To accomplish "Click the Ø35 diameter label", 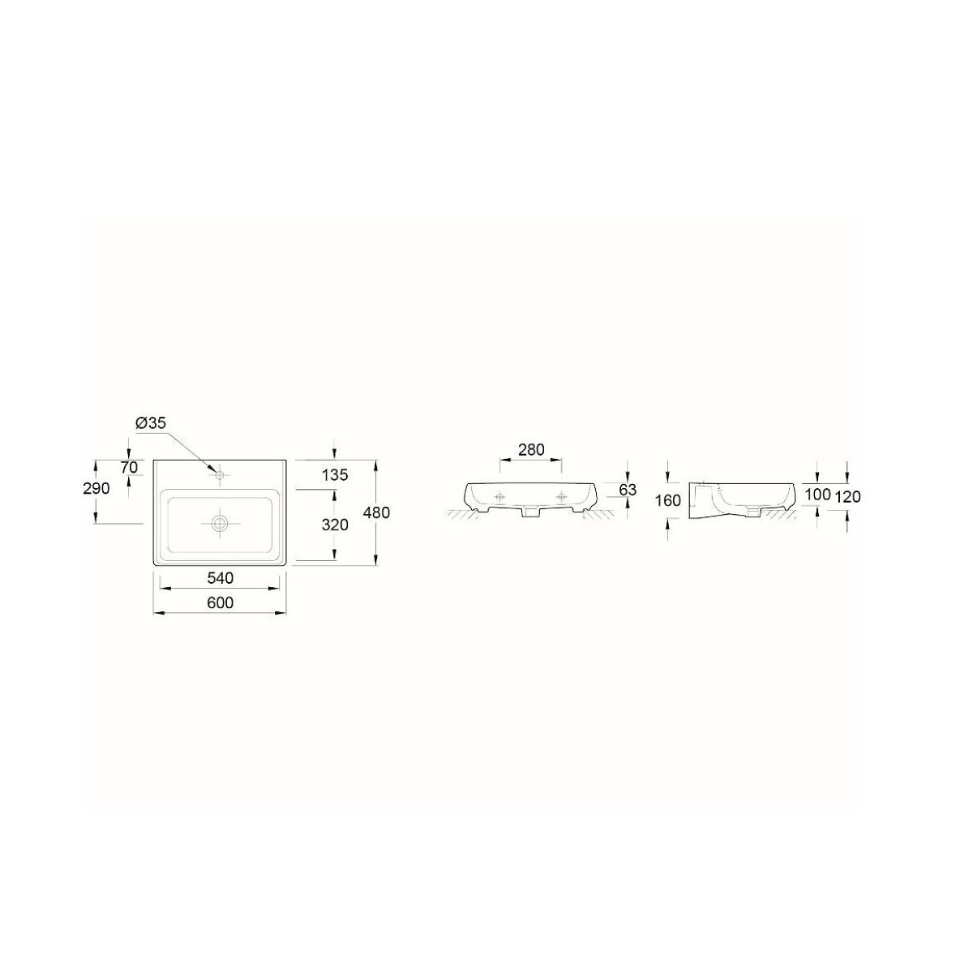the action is click(x=151, y=422).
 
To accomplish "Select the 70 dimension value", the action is click(x=129, y=468).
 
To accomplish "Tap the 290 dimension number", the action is click(x=96, y=488).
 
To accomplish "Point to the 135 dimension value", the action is click(x=335, y=474).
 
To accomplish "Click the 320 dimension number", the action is click(x=335, y=525).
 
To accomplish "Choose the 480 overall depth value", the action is click(x=377, y=512).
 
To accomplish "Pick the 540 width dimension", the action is click(x=221, y=577).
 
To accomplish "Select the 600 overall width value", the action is click(x=221, y=602).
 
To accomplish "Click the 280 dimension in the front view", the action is click(x=531, y=449).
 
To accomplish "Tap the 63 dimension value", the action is click(x=628, y=489).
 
